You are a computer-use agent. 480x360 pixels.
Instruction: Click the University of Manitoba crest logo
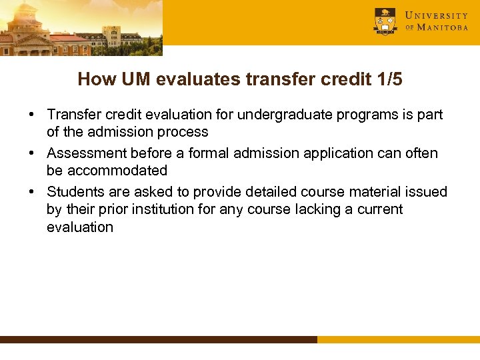tap(385, 21)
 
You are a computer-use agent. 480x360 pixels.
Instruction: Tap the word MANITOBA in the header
tap(443, 28)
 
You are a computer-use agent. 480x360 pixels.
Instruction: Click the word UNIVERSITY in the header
tap(437, 15)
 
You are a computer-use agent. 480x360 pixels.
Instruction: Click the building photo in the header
tap(80, 28)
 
